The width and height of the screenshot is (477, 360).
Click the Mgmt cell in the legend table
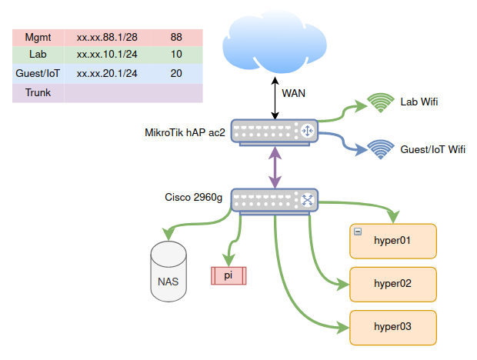click(x=38, y=37)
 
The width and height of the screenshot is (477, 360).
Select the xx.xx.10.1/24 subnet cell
click(x=107, y=55)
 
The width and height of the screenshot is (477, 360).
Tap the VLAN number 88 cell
click(x=176, y=37)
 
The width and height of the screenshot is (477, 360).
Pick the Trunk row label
click(x=38, y=92)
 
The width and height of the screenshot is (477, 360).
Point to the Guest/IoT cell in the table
click(x=38, y=74)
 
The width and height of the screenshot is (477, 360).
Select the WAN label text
click(x=294, y=94)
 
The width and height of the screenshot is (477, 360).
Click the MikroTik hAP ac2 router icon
click(x=275, y=132)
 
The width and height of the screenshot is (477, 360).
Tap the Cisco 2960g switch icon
click(x=275, y=200)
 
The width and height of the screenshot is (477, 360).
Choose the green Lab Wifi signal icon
click(x=379, y=103)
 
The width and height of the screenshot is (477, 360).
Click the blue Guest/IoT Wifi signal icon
click(x=379, y=148)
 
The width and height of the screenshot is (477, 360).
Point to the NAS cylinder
click(x=168, y=270)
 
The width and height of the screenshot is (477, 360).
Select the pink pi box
click(x=228, y=275)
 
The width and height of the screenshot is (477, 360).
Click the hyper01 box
click(x=393, y=241)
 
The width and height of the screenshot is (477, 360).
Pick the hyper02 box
click(x=393, y=284)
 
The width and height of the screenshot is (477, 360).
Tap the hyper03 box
click(x=393, y=327)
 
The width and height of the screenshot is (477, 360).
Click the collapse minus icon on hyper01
click(x=358, y=232)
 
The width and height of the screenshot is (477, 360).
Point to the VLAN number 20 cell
click(x=176, y=74)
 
